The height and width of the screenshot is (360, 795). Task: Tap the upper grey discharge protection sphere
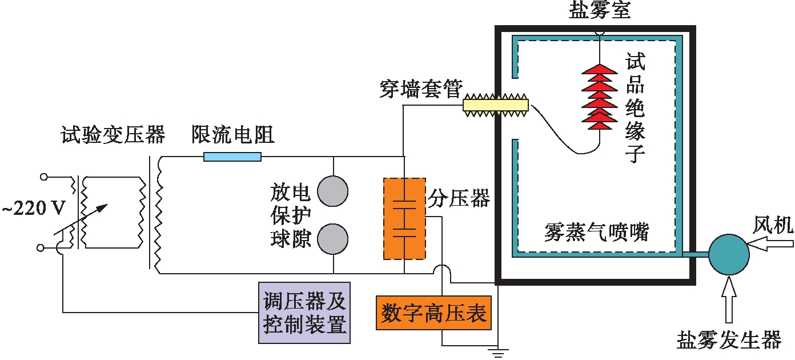332,191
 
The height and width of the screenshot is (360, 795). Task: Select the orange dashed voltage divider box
404,218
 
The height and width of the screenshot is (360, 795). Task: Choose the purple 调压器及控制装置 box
304,313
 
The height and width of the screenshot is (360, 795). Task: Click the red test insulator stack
599,96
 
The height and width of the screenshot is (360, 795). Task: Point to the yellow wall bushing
495,106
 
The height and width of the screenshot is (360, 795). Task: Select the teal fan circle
729,255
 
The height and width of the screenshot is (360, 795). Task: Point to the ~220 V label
34,209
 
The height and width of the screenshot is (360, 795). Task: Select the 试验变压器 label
113,135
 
